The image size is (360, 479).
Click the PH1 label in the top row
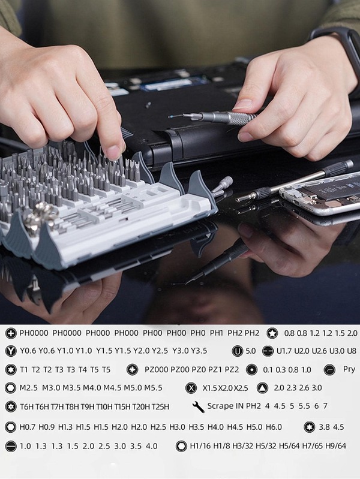coord(217,333)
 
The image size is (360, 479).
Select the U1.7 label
coord(284,351)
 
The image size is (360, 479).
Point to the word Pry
coord(349,369)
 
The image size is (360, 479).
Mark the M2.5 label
coord(29,388)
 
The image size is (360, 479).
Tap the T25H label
coord(159,407)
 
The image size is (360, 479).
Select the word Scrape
coord(220,406)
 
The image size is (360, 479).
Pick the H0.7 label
coord(28,427)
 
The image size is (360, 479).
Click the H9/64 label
coord(335,446)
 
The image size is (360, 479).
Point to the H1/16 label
coord(200,446)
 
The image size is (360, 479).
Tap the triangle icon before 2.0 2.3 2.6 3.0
coord(262,388)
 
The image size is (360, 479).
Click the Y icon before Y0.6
coord(10,351)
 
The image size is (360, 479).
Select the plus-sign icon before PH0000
coord(10,333)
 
